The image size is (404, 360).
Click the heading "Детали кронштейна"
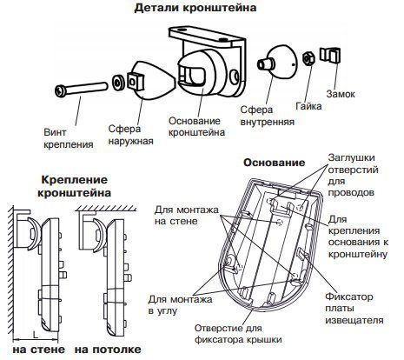pyautogui.click(x=208, y=10)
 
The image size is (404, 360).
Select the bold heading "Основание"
pyautogui.click(x=274, y=163)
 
